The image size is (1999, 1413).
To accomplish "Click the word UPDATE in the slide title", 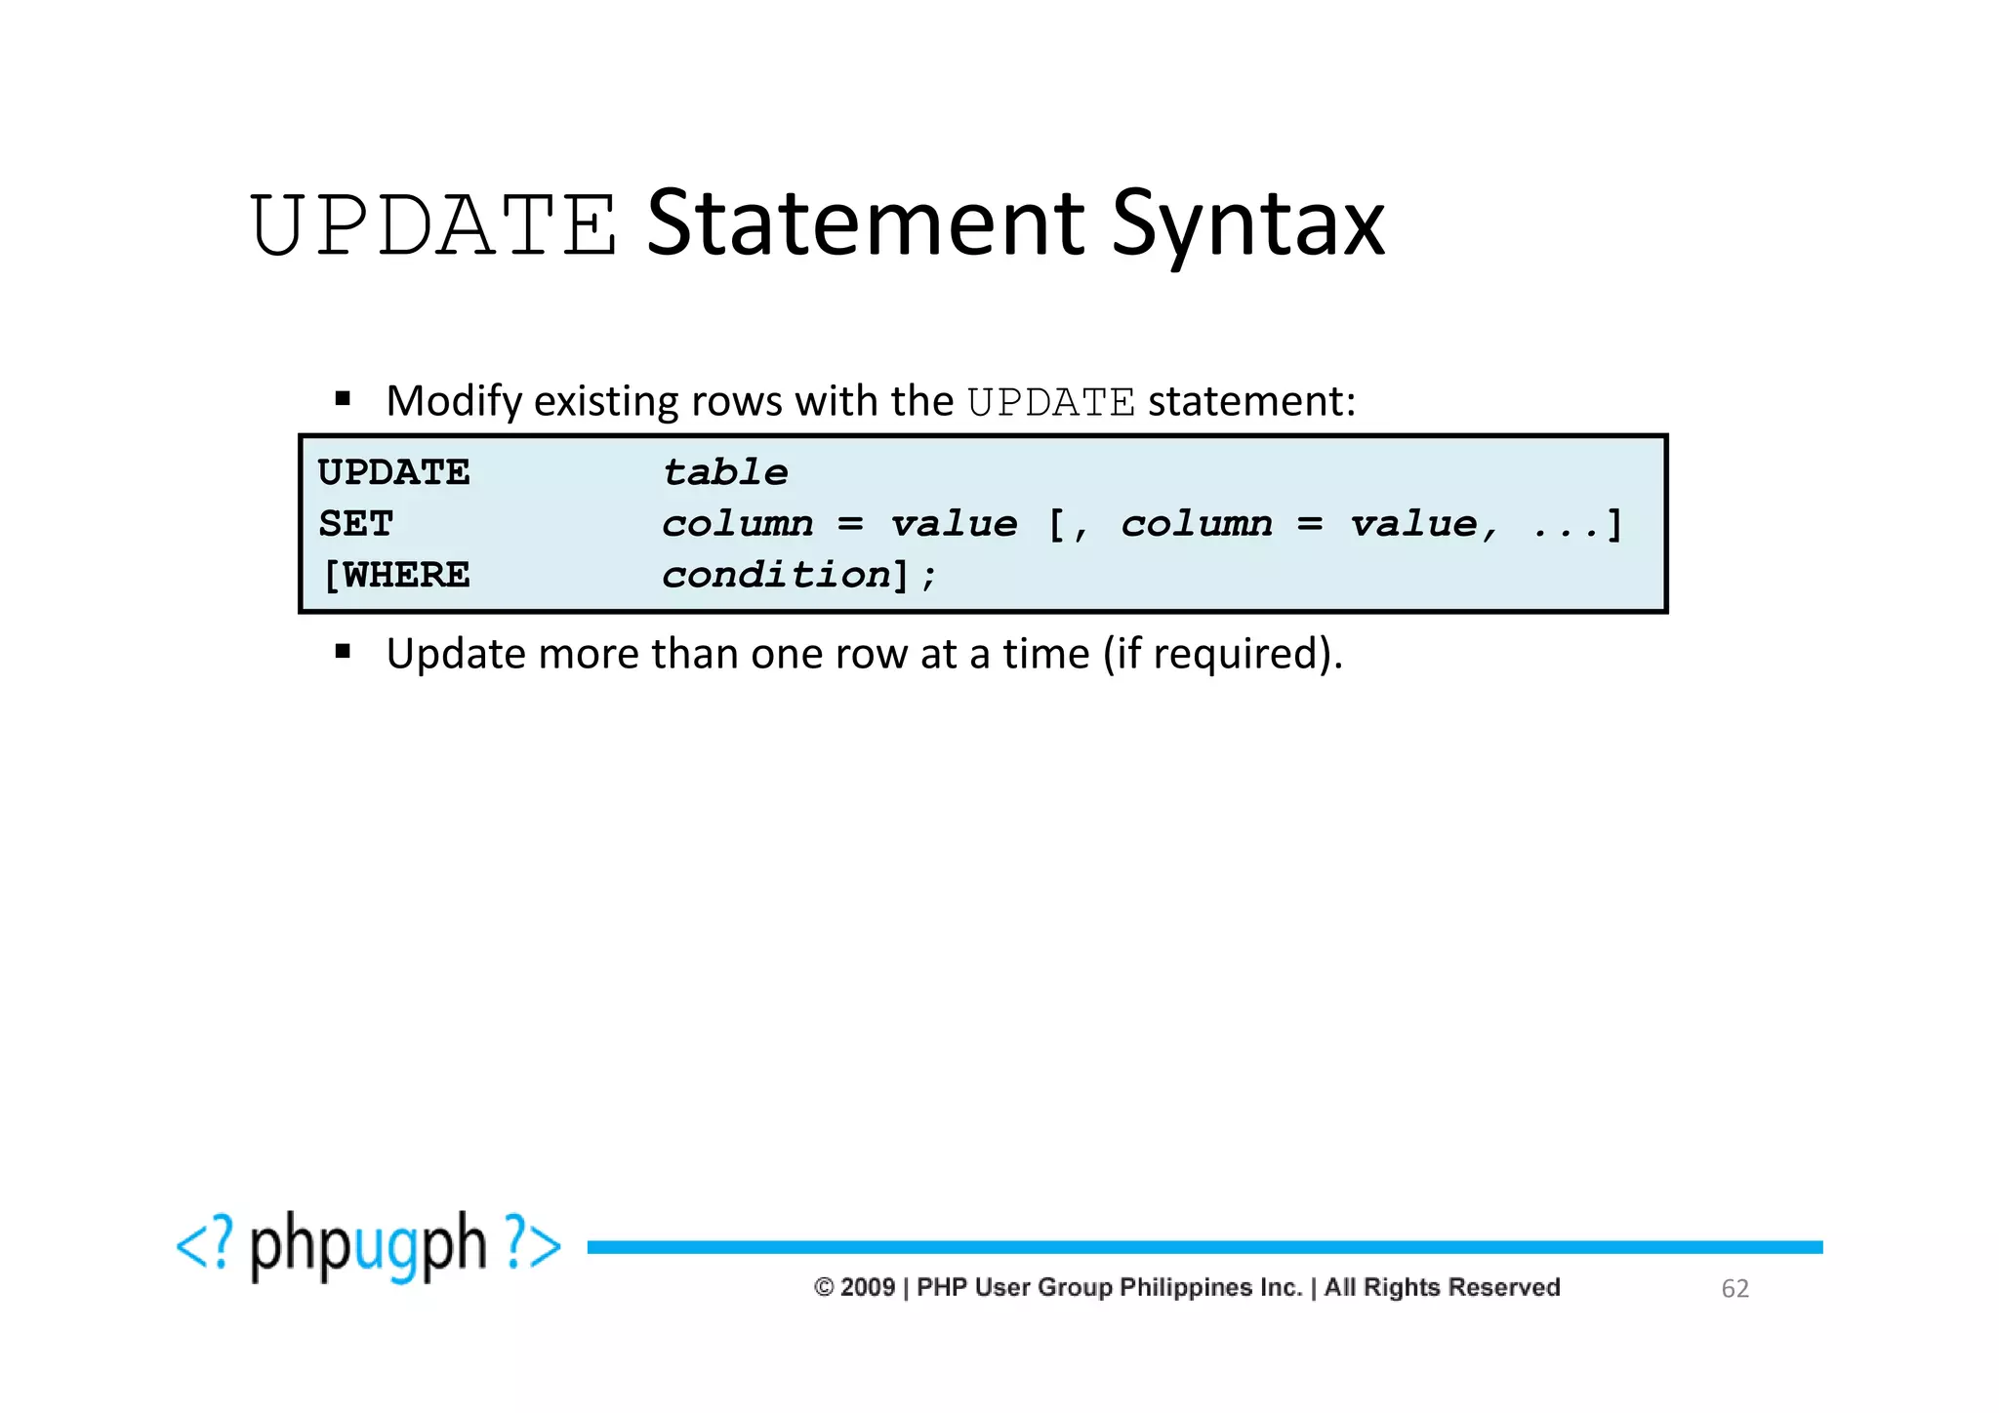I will pos(433,225).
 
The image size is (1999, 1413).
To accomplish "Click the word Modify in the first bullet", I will pos(454,401).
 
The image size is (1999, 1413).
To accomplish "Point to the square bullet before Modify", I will pos(343,398).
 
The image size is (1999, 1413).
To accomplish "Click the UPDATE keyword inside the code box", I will pos(394,473).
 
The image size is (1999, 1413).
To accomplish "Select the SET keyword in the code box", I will pos(356,524).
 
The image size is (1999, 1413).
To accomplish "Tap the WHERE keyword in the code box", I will pos(406,576).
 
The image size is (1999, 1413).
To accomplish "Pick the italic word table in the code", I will pos(725,473).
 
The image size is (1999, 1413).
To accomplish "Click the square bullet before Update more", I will pos(343,651).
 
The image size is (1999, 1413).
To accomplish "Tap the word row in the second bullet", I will pos(872,654).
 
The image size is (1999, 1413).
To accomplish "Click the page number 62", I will pos(1734,1288).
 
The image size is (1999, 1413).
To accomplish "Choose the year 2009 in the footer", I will pos(868,1287).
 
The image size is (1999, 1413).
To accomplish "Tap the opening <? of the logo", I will pos(206,1244).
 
